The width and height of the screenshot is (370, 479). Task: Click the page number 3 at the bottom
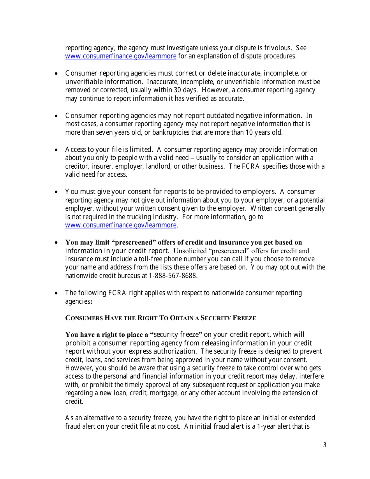click(324, 445)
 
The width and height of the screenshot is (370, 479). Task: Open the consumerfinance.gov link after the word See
click(121, 56)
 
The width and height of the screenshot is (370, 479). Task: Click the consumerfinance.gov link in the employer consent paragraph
click(121, 225)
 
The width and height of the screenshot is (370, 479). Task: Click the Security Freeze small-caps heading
click(160, 318)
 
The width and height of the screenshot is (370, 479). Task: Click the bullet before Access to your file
click(56, 150)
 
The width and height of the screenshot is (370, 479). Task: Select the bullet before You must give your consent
click(56, 192)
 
